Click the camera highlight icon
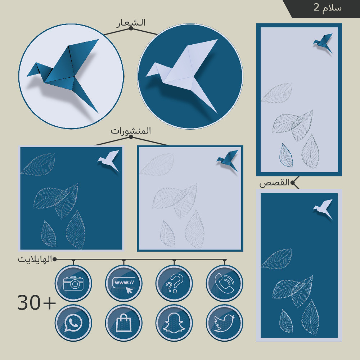pos(73,283)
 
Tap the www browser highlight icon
pos(124,283)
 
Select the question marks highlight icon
pos(174,283)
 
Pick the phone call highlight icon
pos(225,283)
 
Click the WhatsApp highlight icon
pos(73,323)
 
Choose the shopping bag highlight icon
pos(124,323)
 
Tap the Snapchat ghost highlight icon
pos(174,323)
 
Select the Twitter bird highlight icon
pos(225,323)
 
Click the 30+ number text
pos(36,303)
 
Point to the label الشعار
pos(131,23)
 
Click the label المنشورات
pos(131,131)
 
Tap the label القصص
pos(274,183)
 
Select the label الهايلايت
pos(35,259)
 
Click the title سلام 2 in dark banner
pos(328,8)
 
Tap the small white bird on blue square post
pos(109,160)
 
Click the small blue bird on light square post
pos(228,160)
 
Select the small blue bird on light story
pos(323,43)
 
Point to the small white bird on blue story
pos(323,208)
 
